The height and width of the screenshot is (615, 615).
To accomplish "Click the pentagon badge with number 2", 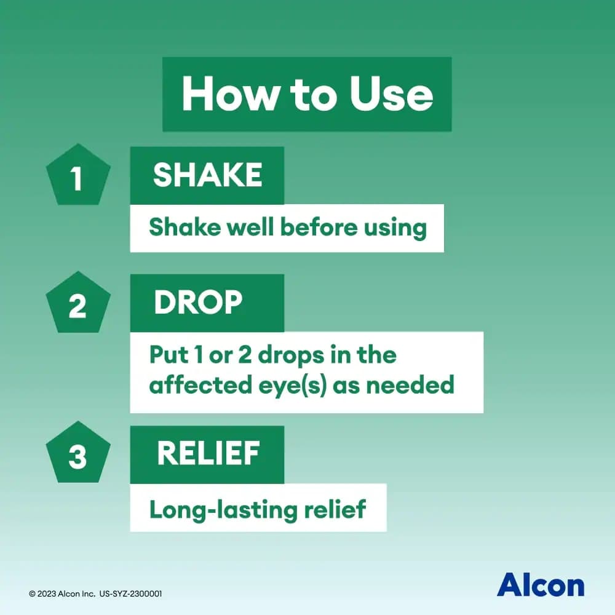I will (x=78, y=304).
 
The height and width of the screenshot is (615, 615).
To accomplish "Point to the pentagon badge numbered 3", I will (x=78, y=456).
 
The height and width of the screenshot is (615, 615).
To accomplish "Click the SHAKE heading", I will (x=207, y=176).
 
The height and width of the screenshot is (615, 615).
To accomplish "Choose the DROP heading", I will (x=198, y=303).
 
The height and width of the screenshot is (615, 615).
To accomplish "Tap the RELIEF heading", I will (x=207, y=454).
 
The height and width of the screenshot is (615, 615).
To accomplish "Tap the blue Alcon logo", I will (x=540, y=584).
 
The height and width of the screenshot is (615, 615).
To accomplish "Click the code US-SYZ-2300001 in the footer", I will (x=130, y=594).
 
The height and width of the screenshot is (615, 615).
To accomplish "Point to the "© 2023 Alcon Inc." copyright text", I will (x=60, y=594).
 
